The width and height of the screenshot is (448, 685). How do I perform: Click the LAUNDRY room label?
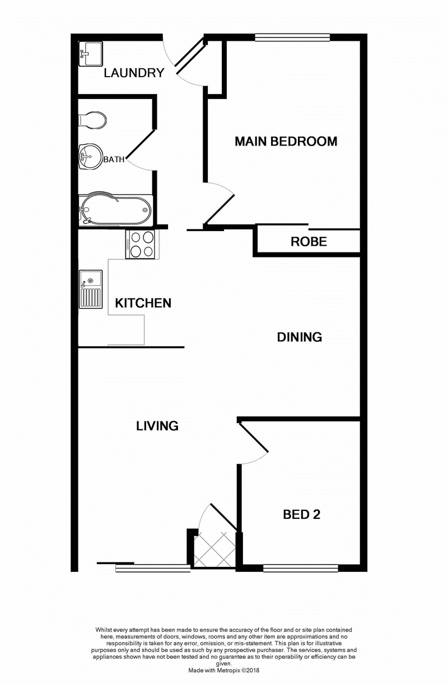point(134,73)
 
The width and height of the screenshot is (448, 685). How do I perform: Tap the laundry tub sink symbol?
point(90,53)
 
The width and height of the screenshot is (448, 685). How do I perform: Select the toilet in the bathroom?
point(92,120)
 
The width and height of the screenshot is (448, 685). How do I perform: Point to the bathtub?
point(115,209)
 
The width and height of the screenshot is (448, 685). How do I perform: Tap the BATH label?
point(114,159)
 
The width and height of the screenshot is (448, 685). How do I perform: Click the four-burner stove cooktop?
point(141,245)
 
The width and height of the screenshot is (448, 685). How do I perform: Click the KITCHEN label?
point(143,303)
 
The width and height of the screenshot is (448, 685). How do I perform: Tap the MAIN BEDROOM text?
point(286,142)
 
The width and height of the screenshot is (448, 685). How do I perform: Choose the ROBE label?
point(309,242)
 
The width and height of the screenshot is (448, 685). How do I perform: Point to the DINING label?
point(300,337)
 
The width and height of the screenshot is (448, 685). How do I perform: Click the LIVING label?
point(157,426)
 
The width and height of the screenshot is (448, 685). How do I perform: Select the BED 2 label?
point(301,514)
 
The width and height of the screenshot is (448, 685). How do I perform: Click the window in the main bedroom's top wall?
point(292,37)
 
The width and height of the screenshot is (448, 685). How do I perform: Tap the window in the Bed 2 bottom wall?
point(300,568)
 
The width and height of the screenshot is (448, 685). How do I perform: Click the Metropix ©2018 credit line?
point(224,669)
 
